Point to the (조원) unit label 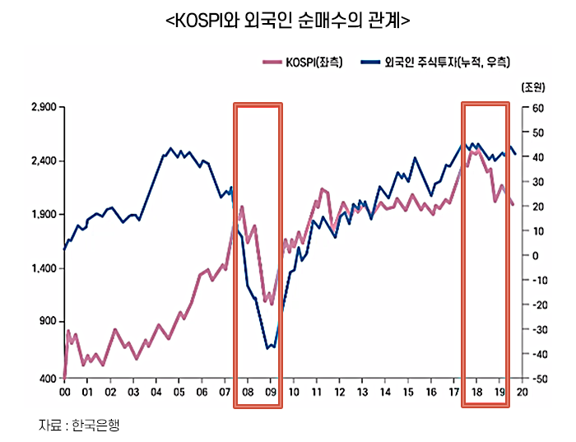(527, 86)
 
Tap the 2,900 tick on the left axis (41, 107)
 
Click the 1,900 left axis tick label (41, 215)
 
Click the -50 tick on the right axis (536, 379)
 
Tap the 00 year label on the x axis (64, 393)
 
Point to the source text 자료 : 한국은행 (85, 425)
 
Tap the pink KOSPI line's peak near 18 (474, 151)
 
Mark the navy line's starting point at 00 (64, 249)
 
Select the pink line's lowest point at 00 (64, 377)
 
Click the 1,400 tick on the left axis (41, 269)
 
